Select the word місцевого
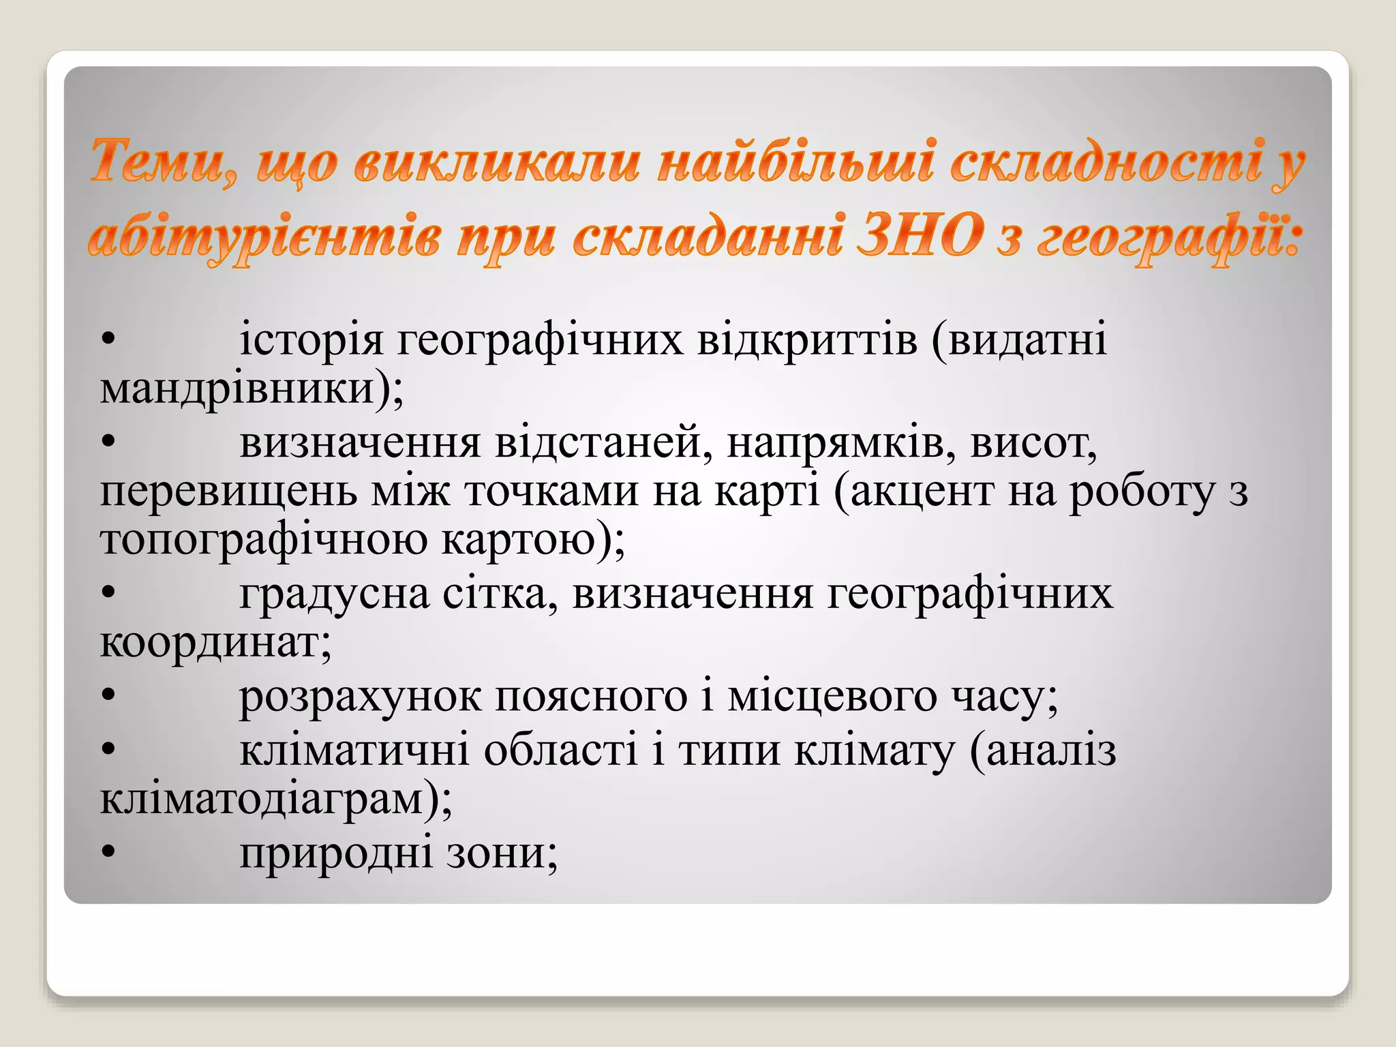[832, 697]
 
